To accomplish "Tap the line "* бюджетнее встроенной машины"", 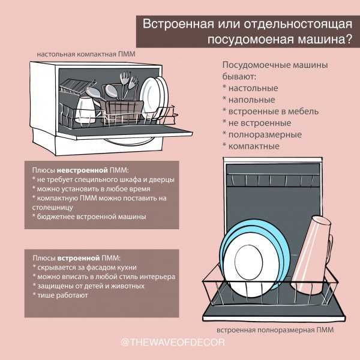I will (x=89, y=216).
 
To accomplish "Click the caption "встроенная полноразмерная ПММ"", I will (x=274, y=330).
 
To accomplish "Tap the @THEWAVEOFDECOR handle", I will (x=179, y=343).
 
